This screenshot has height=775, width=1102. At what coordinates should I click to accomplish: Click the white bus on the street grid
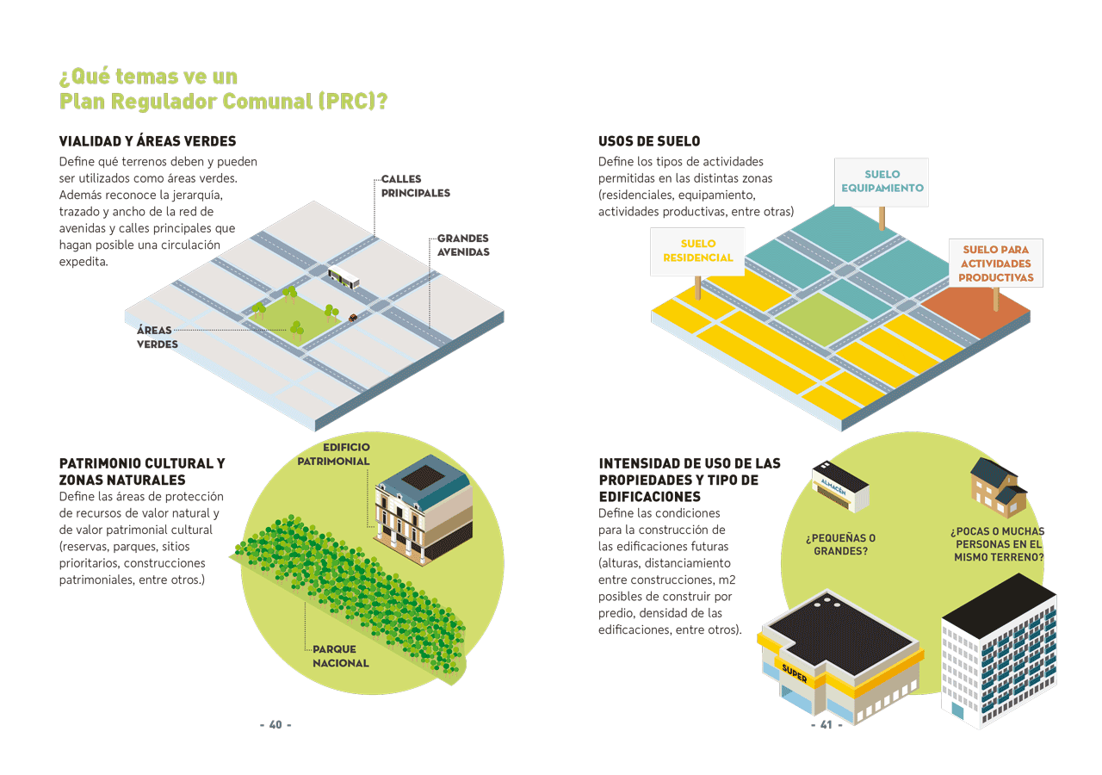coord(344,277)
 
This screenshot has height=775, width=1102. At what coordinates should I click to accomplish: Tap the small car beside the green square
coord(353,318)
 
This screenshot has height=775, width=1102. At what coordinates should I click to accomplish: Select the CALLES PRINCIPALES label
coord(416,186)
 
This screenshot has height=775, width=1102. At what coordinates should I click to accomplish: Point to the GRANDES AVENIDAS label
coord(463,245)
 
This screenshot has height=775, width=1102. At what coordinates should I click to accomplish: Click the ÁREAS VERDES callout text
coord(157,337)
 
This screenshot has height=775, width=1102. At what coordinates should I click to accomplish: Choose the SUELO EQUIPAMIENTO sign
coord(882,182)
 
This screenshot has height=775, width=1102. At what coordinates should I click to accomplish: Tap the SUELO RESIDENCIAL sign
coord(697,251)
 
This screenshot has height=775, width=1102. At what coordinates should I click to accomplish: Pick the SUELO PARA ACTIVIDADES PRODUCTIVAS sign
coord(996,263)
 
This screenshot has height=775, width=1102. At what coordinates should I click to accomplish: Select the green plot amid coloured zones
coord(821,319)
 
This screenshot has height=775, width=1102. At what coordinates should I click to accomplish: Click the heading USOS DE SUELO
coord(649,141)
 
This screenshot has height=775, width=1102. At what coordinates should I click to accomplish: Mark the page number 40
coord(275,724)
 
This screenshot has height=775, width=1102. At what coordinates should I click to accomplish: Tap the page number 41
coord(826,724)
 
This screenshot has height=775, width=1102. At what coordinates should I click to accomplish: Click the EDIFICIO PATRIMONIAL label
coord(333,454)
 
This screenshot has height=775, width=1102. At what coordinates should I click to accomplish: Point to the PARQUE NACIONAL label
coord(340,656)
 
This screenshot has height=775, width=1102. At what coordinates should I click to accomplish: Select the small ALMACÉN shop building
coord(840,487)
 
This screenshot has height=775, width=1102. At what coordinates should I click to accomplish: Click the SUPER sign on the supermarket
coord(795,673)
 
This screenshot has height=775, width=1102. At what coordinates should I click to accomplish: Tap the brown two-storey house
coord(998,487)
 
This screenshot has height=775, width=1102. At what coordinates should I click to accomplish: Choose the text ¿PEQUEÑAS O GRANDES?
coord(841,544)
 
